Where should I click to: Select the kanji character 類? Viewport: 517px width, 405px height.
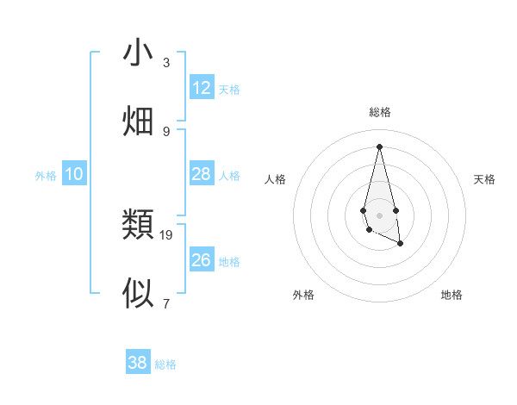point(138,225)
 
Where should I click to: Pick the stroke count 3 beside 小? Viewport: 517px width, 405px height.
point(166,63)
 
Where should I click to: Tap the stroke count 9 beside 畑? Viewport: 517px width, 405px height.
point(166,131)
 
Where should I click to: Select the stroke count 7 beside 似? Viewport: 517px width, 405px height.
point(166,303)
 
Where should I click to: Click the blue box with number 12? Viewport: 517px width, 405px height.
point(202,88)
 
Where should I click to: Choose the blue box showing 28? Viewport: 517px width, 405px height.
point(202,174)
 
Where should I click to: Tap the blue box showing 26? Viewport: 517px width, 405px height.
point(202,260)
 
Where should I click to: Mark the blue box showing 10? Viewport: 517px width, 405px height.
point(74,174)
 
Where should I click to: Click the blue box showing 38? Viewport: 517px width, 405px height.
point(138,363)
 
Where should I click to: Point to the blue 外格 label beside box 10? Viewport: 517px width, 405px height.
point(46,176)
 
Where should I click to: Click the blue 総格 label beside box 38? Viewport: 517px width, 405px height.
point(165,364)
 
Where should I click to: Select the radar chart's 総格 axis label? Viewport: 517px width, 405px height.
point(379,112)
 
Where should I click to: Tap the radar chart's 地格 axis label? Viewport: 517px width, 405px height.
point(452,295)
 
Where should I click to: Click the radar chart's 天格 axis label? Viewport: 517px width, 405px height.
point(484,179)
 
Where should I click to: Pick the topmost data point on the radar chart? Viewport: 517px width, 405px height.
point(379,146)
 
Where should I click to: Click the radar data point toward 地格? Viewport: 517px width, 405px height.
point(401,244)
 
